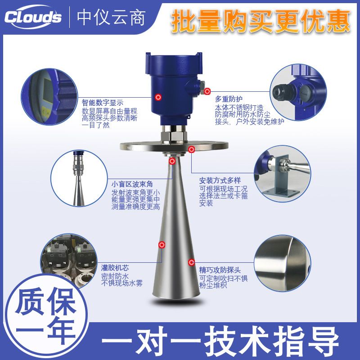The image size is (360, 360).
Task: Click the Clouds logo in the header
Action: [x=33, y=17]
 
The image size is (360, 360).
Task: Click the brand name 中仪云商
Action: [x=111, y=18]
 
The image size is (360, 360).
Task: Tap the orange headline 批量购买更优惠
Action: [x=261, y=21]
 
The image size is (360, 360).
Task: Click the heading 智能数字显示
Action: [x=103, y=103]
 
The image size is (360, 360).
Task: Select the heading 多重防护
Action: [x=229, y=99]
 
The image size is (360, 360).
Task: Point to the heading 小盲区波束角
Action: [x=132, y=184]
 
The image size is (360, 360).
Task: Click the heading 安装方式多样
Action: [x=220, y=181]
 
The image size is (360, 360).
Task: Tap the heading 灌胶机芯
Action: [x=115, y=268]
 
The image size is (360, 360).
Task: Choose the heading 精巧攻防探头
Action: [x=220, y=270]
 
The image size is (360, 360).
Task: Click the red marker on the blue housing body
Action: [x=158, y=97]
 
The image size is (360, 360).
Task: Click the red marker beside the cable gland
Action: [x=207, y=91]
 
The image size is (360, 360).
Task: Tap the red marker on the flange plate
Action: [x=192, y=149]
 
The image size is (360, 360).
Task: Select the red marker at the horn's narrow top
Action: [x=172, y=161]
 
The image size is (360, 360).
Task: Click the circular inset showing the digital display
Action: [x=49, y=97]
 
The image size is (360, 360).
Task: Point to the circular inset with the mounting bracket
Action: [x=282, y=174]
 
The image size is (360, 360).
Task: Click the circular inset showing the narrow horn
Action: [x=79, y=178]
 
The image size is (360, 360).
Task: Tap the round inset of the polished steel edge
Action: [x=283, y=263]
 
